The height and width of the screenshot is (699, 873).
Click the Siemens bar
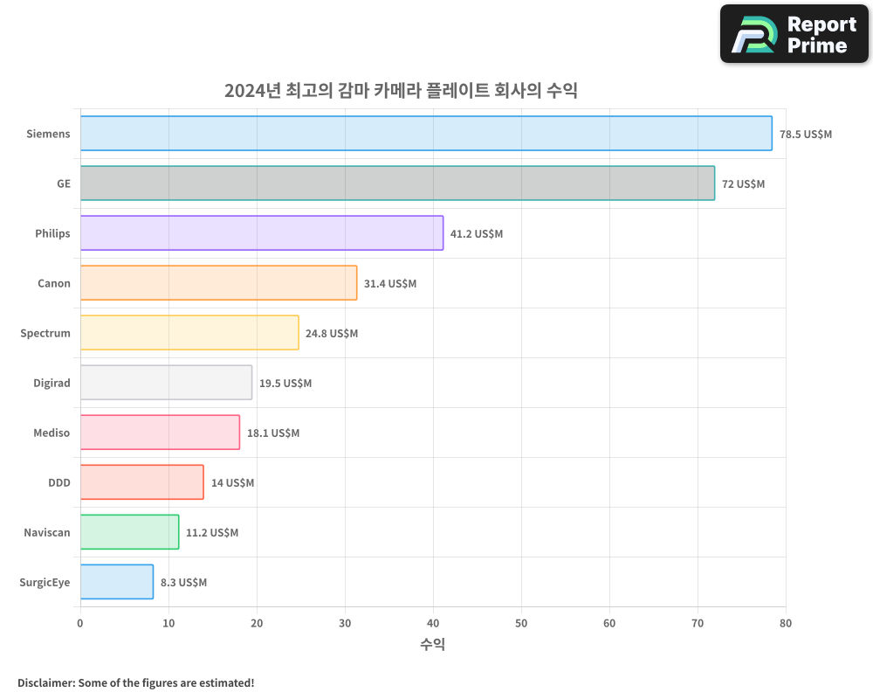426,134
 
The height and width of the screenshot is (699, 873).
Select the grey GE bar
397,183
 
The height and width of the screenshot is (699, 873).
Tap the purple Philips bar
262,233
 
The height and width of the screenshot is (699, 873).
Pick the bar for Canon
218,283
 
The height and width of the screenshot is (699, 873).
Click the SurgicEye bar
117,582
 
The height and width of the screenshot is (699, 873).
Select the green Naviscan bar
129,532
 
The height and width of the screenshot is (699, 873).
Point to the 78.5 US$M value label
806,135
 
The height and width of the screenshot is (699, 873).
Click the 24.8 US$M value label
332,334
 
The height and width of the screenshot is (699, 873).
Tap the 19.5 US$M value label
285,384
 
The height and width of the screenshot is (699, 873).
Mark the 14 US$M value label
232,483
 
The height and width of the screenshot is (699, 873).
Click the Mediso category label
52,433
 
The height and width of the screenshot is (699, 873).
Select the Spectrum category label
45,334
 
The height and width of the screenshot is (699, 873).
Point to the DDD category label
59,483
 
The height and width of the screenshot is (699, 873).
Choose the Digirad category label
51,384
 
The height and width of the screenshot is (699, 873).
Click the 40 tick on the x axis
433,624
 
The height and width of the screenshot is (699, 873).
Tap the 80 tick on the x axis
786,624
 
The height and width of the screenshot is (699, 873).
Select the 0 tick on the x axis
80,624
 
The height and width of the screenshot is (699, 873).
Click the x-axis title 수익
433,645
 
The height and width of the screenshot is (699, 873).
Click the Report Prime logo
794,34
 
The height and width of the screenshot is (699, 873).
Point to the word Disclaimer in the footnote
45,683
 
